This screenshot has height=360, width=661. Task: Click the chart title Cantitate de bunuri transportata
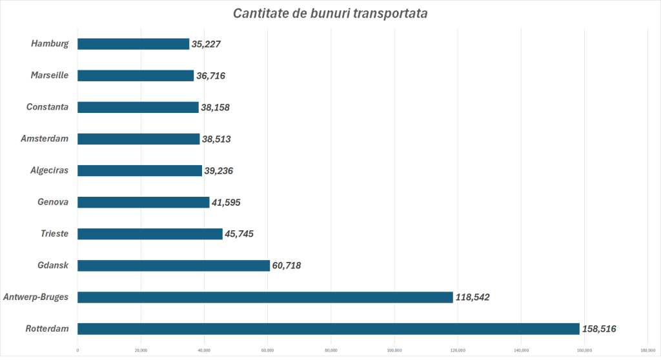(x=330, y=14)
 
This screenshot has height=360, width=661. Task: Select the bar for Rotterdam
(x=328, y=329)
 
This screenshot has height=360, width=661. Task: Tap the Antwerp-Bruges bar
(x=265, y=297)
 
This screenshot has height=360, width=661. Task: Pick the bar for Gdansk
(x=173, y=265)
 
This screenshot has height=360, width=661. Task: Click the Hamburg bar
(x=133, y=44)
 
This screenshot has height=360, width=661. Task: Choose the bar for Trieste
(x=149, y=234)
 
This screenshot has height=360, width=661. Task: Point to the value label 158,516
(x=599, y=329)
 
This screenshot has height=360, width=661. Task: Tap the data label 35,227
(x=207, y=44)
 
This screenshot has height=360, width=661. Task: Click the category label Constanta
(x=47, y=107)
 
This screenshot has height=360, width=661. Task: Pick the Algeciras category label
(x=49, y=170)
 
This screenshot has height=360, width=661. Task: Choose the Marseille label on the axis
(x=49, y=75)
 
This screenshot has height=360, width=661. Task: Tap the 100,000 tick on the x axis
(x=394, y=350)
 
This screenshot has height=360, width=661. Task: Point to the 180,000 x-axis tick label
(x=647, y=350)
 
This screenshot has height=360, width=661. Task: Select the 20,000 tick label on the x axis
(x=141, y=350)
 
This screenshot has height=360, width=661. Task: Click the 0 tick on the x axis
(x=77, y=350)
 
